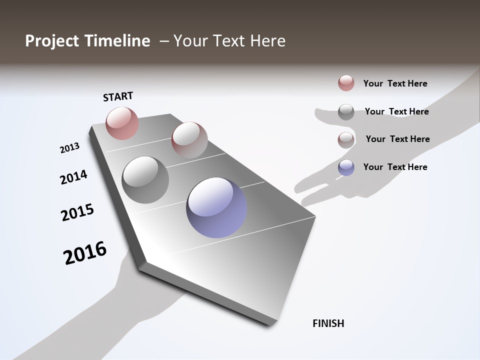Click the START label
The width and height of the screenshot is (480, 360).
click(118, 96)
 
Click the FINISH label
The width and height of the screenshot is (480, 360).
click(328, 323)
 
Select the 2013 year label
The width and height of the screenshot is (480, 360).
click(69, 148)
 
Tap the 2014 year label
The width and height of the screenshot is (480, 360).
click(73, 177)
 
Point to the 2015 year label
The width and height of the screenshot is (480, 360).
click(77, 212)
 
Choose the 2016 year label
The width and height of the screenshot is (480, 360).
click(85, 253)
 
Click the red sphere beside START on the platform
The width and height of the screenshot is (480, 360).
click(122, 123)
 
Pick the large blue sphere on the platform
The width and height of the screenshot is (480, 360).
click(216, 207)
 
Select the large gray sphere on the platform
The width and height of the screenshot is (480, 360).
click(145, 180)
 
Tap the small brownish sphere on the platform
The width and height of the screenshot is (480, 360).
click(189, 140)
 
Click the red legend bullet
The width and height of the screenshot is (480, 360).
click(346, 83)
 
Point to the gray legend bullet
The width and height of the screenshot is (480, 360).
click(346, 111)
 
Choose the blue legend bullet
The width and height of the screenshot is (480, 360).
click(346, 167)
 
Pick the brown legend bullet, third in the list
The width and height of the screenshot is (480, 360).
click(346, 139)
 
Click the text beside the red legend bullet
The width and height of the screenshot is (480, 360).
click(395, 83)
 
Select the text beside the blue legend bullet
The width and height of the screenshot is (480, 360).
click(395, 167)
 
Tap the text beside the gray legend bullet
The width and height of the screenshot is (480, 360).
click(396, 111)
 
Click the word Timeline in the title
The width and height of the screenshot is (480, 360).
click(118, 41)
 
